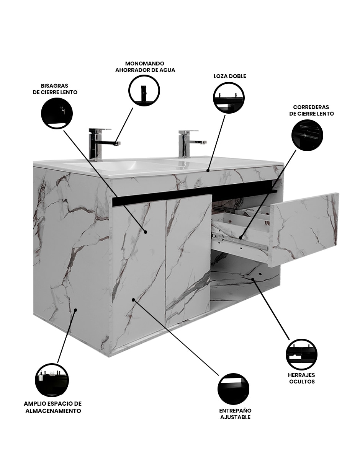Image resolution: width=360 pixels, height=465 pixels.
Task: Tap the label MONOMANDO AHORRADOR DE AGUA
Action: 145,67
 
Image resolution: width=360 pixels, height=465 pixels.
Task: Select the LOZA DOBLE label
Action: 230,76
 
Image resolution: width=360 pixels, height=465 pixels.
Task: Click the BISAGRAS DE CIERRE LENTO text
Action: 55,89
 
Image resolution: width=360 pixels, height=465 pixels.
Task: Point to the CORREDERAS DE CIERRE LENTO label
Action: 311,110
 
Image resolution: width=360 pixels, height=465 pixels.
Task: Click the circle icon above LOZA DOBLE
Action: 229,97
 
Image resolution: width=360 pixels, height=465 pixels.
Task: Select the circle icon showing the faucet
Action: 144,90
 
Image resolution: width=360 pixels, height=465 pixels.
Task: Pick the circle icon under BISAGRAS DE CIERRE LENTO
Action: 57,113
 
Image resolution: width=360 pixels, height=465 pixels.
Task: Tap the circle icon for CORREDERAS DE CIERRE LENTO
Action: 307,135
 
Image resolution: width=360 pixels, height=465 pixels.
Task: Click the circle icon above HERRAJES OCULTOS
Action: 301,354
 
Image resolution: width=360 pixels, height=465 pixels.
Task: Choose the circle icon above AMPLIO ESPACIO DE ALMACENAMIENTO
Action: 52,380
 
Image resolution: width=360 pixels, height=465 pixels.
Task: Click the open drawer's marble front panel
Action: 304,230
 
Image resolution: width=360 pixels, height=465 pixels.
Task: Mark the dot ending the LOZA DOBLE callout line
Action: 208,171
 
